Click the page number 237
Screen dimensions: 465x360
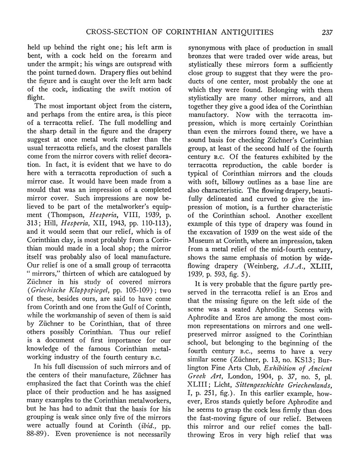point(326,32)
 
